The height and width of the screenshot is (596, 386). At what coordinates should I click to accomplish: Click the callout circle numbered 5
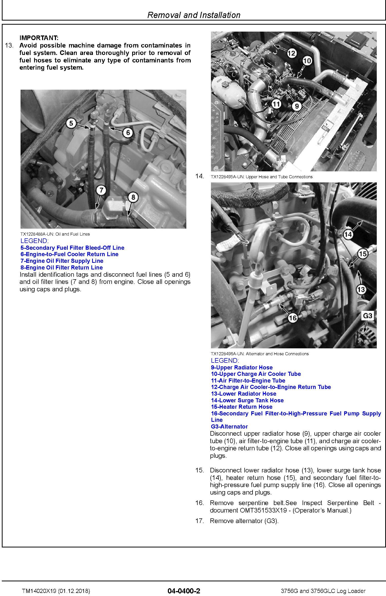pyautogui.click(x=71, y=123)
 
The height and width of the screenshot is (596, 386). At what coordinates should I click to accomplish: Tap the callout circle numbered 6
pyautogui.click(x=128, y=133)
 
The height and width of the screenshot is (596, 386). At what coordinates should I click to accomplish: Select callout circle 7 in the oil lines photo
pyautogui.click(x=101, y=190)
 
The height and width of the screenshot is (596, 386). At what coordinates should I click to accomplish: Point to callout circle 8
pyautogui.click(x=133, y=197)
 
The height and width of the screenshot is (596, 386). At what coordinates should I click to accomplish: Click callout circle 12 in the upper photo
pyautogui.click(x=292, y=53)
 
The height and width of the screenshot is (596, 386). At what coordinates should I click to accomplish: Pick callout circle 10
pyautogui.click(x=307, y=61)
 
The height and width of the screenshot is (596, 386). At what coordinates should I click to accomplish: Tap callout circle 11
pyautogui.click(x=276, y=104)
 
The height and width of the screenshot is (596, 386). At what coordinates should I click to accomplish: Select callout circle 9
pyautogui.click(x=297, y=106)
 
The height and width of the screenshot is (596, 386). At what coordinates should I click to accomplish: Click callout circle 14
pyautogui.click(x=348, y=234)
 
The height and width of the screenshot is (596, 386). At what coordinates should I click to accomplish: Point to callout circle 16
pyautogui.click(x=293, y=318)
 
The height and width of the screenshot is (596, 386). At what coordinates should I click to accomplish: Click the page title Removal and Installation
pyautogui.click(x=194, y=15)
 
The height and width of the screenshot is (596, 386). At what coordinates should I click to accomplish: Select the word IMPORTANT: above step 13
pyautogui.click(x=39, y=38)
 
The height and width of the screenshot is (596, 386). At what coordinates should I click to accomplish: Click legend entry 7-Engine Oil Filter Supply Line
pyautogui.click(x=62, y=261)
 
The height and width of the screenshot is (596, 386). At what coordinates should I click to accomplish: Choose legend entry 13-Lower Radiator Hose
pyautogui.click(x=244, y=394)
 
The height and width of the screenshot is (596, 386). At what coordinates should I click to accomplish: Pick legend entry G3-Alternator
pyautogui.click(x=229, y=426)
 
